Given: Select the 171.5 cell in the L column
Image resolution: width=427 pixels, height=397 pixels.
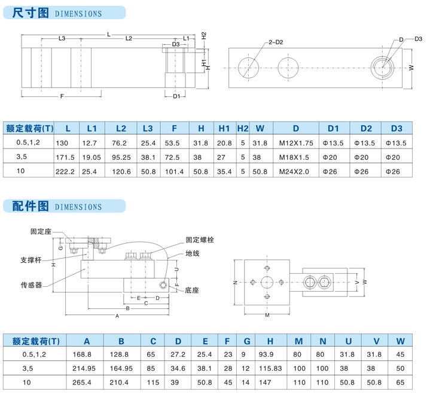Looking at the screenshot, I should coord(65,156).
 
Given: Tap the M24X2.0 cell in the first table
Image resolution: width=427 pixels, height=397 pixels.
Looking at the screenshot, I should coord(296,171).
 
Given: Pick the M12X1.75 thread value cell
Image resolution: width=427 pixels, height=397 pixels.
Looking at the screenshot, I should coord(296,143).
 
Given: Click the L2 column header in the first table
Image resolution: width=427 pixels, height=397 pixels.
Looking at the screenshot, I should coord(121,128).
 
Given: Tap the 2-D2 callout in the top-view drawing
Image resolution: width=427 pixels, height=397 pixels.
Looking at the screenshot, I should coord(275,42).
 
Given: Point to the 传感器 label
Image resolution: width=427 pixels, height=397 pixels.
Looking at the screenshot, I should coord(32,285).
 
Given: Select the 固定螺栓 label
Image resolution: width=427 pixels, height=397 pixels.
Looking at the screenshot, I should coord(200,240).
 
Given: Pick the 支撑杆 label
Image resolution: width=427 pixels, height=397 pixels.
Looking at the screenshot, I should coord(32,260).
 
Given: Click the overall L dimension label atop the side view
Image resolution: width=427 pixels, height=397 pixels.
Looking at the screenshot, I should coord(108,34).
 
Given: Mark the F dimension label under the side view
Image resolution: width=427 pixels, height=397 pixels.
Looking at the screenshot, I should coord(62,96).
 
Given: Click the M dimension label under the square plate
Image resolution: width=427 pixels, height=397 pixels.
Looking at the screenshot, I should coord(267,314).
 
